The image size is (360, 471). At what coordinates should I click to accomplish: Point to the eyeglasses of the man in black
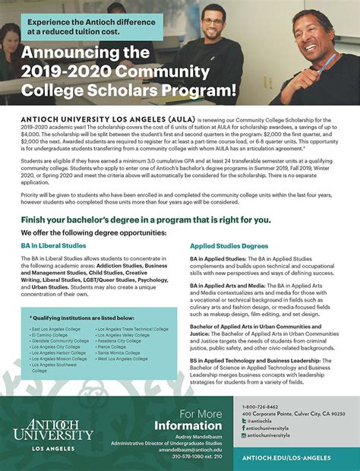coord(311,30)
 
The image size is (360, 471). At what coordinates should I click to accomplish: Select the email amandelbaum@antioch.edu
coord(200,450)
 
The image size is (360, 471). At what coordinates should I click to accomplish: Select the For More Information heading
coord(200,420)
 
